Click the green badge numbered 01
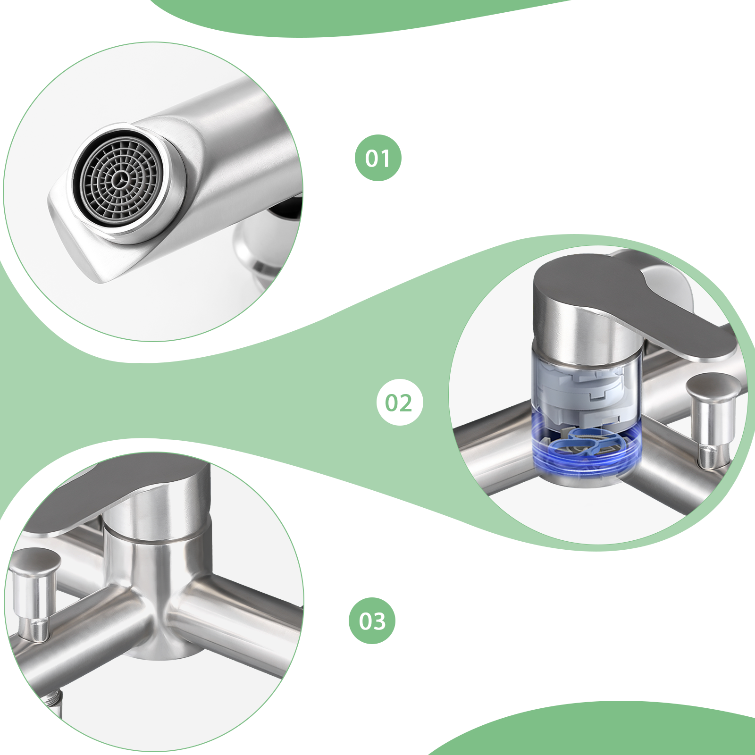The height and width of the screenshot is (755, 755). coord(378,158)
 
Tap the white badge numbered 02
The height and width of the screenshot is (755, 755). coord(400,402)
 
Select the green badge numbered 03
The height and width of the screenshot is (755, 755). coord(372,621)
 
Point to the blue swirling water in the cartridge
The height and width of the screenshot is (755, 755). coord(587,448)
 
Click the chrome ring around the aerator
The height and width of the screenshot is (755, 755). coord(120,182)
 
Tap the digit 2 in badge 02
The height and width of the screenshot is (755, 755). coord(406,403)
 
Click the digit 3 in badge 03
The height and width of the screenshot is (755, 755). coord(379,621)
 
